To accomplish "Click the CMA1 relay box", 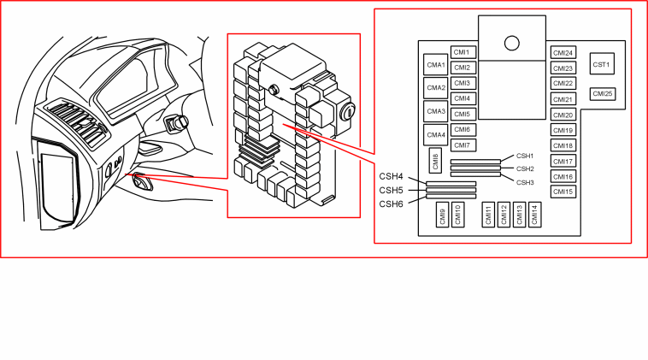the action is (x=436, y=64).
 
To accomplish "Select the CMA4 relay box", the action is (x=436, y=135).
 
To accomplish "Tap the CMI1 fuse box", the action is (x=463, y=52).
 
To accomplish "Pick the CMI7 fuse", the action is (x=463, y=145).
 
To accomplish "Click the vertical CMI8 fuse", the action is (x=435, y=161).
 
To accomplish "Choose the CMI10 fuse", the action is (x=457, y=215).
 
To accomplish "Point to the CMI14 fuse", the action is (x=535, y=215).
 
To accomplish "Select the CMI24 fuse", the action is (x=563, y=53).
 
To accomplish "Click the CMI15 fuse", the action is (x=563, y=192).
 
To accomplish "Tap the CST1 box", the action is (x=602, y=64).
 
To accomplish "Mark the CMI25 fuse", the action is (x=603, y=94).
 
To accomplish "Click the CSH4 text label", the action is (x=391, y=176).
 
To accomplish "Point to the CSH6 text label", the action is (x=391, y=204).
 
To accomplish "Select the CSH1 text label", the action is (x=525, y=156).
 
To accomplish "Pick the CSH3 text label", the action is (x=525, y=182).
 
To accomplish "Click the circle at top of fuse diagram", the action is (x=512, y=43).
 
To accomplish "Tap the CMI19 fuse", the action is (x=563, y=130).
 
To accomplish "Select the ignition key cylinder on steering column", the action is (x=176, y=123).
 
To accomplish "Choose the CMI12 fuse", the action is (x=504, y=215).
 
